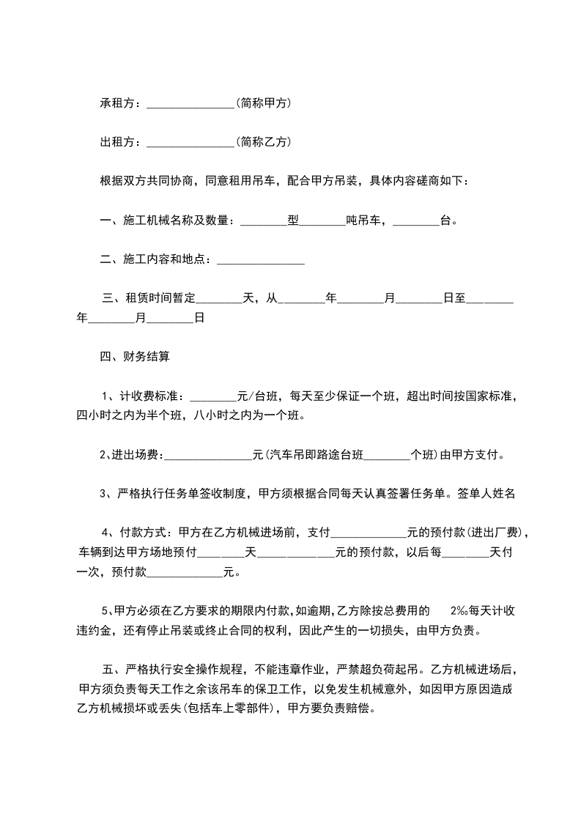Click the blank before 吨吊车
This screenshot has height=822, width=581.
click(322, 220)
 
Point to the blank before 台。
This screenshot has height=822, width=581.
click(416, 220)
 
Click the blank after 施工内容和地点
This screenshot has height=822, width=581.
click(261, 260)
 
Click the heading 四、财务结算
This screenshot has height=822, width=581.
click(135, 358)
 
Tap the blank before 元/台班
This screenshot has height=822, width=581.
click(214, 397)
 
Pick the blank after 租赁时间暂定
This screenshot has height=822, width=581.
click(220, 299)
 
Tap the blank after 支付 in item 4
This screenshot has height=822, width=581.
click(370, 533)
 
